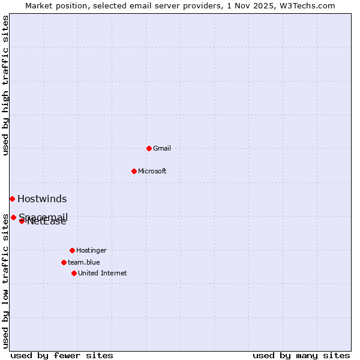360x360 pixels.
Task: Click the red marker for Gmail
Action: (x=149, y=148)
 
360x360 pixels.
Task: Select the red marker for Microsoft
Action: (x=134, y=171)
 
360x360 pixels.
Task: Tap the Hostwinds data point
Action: (x=12, y=199)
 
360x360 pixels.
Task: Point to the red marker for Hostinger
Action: (x=72, y=250)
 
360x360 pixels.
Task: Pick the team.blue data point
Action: (x=64, y=262)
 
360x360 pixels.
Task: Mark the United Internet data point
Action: (x=74, y=273)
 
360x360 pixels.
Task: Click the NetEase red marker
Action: (x=22, y=221)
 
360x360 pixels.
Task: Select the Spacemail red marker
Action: (x=13, y=217)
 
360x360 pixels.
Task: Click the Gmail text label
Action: (x=162, y=148)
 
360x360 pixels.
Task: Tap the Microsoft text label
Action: (x=152, y=171)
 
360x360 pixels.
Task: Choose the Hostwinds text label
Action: (x=42, y=199)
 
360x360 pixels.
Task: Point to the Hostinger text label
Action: (x=91, y=250)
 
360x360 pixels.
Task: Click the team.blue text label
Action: (x=84, y=262)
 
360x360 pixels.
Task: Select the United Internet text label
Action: (x=103, y=273)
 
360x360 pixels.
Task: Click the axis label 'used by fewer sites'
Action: (x=62, y=355)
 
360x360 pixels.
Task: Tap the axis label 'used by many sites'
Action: (x=301, y=355)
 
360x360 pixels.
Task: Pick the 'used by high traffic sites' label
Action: (x=5, y=85)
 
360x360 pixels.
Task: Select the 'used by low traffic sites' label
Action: (x=5, y=281)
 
